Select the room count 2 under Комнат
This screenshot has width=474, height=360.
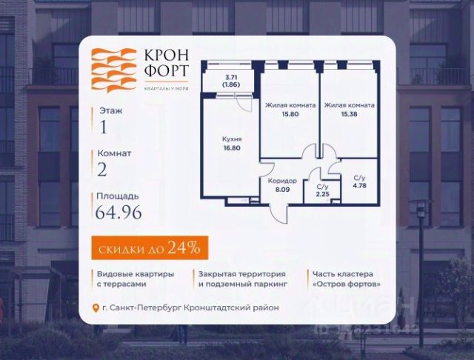[x=102, y=170]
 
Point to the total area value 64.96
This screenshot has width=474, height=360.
[x=117, y=216]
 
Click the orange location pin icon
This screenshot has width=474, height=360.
[x=95, y=308]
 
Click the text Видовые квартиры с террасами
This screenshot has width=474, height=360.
[x=135, y=279]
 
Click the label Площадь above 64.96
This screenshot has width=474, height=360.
[x=115, y=197]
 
